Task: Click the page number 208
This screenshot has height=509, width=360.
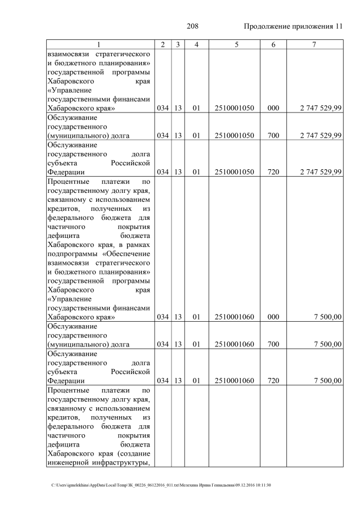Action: tap(192, 26)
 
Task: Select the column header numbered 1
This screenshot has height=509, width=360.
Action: tap(98, 44)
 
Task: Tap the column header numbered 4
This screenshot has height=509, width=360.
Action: tap(196, 44)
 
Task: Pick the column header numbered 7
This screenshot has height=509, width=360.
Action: tap(315, 44)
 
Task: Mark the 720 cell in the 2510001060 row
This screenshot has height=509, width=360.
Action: tap(273, 381)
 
